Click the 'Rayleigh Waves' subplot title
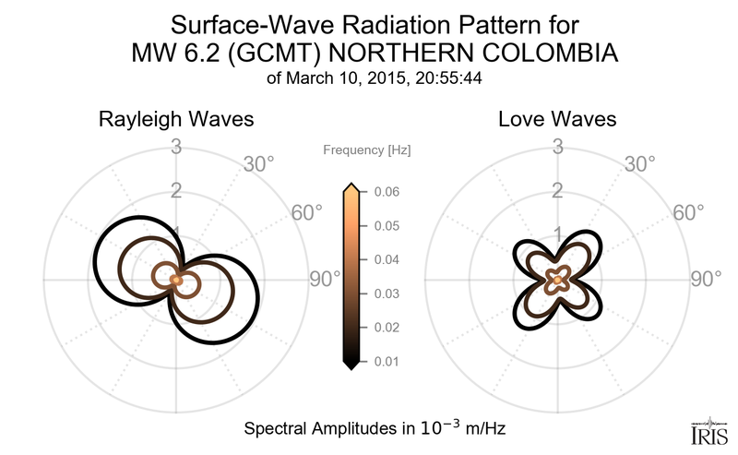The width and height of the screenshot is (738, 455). [177, 120]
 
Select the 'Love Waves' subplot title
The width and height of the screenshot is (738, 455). [557, 120]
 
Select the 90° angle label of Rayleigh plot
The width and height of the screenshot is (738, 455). [326, 279]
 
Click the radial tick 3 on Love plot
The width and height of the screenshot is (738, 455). [558, 146]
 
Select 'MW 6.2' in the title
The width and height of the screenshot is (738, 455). [169, 55]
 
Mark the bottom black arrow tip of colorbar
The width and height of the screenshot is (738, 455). [351, 366]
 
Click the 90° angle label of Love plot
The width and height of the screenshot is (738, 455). [707, 279]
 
